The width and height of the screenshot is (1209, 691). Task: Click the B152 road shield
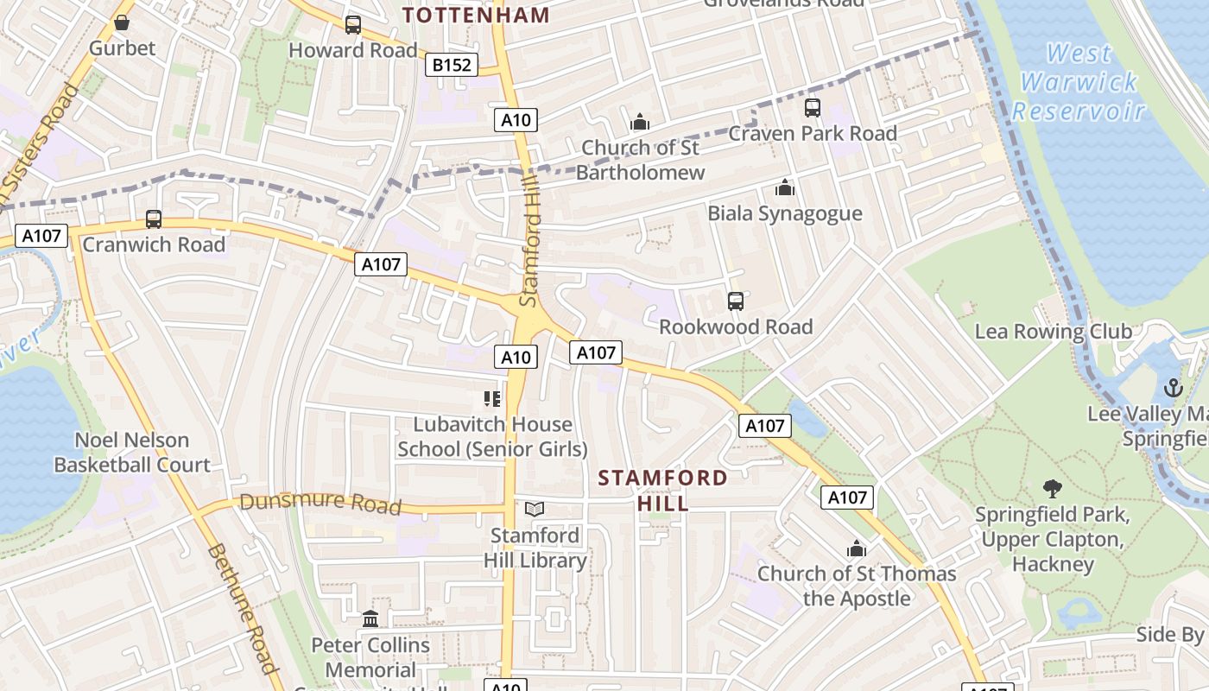452,65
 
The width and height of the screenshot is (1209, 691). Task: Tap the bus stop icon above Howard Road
352,25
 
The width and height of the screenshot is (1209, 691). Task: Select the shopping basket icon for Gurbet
122,22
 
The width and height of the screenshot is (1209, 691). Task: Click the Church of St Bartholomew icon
639,122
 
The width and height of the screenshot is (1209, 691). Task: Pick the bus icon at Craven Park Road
812,108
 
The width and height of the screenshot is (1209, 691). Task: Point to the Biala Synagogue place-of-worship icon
784,187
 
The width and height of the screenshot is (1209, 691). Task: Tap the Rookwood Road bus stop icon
735,301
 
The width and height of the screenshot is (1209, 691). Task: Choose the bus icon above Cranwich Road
154,219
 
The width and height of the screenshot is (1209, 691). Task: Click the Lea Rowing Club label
1053,332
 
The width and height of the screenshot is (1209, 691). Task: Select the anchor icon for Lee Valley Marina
1173,388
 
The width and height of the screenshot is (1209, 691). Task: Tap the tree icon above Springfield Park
1052,489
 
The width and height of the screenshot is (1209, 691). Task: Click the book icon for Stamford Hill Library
535,510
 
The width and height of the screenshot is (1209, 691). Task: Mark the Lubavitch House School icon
492,399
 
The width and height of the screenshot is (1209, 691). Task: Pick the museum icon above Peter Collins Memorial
370,619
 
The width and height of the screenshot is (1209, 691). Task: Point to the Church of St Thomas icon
856,548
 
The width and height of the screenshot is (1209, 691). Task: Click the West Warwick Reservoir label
1079,82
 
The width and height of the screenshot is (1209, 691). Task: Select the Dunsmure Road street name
320,503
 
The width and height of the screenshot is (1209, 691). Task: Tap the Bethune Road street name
242,608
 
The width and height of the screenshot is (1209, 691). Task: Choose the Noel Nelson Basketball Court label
132,453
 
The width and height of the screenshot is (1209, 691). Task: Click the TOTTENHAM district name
477,15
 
